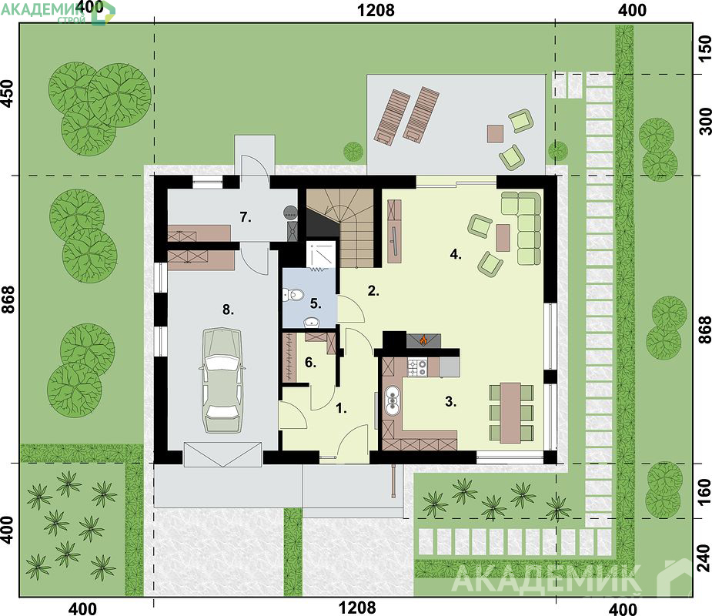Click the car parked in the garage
point(222,380)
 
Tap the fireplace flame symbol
point(423,340)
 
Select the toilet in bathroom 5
point(295,295)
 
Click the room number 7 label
point(246,218)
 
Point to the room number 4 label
point(456,254)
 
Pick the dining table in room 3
point(510,413)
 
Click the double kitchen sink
point(392,400)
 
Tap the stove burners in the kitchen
point(417,367)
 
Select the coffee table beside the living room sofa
point(503,238)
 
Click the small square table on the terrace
point(496,133)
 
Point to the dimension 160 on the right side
point(704,491)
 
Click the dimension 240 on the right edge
point(704,557)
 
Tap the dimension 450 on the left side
point(8,93)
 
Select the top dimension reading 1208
point(376,10)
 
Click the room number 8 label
point(228,310)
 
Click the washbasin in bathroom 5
point(312,322)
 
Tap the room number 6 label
point(311,363)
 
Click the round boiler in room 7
point(290,212)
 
